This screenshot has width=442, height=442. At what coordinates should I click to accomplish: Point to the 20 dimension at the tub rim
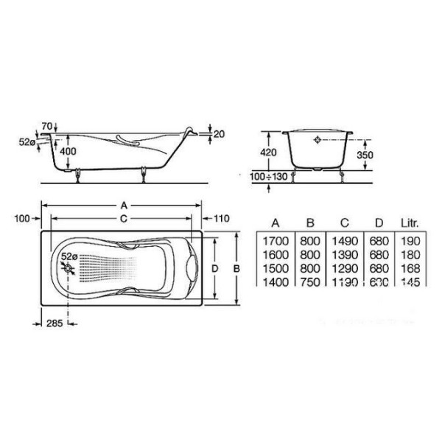pos(218,133)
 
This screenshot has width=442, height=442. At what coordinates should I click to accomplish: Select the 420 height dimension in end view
pos(270,152)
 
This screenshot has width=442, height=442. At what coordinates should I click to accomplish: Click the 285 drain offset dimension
pos(50,321)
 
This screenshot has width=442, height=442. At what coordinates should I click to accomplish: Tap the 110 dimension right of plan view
pos(222,218)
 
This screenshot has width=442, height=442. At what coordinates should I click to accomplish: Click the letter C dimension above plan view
pos(124,219)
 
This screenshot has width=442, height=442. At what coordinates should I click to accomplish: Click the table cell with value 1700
pos(275,241)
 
